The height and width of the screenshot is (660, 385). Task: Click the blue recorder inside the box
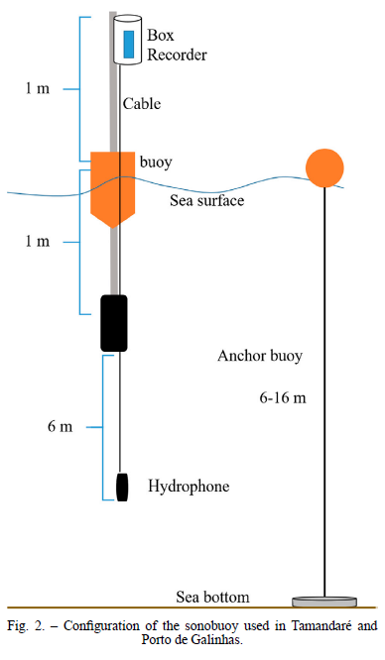(129, 44)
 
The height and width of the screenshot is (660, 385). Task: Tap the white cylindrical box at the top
(127, 40)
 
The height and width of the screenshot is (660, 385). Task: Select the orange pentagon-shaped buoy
(112, 189)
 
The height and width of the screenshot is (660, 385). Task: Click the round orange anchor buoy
(324, 167)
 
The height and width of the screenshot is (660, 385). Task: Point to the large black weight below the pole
(114, 323)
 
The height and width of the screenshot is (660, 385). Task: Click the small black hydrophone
(122, 487)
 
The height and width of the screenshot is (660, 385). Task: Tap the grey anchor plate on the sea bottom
(324, 602)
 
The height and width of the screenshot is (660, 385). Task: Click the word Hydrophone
(189, 487)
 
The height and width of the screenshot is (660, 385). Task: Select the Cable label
(142, 103)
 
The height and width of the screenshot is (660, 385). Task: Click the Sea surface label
(207, 200)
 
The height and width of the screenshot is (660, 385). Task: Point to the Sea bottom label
(212, 597)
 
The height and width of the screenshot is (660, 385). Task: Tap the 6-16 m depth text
(283, 397)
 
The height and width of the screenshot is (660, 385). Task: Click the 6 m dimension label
(60, 426)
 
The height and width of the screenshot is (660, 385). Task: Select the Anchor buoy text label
(260, 356)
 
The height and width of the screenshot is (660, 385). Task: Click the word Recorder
(177, 55)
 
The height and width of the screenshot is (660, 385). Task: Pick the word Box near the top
(160, 35)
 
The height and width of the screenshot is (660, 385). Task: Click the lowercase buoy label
(156, 163)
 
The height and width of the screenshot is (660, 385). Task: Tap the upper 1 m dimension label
(37, 88)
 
